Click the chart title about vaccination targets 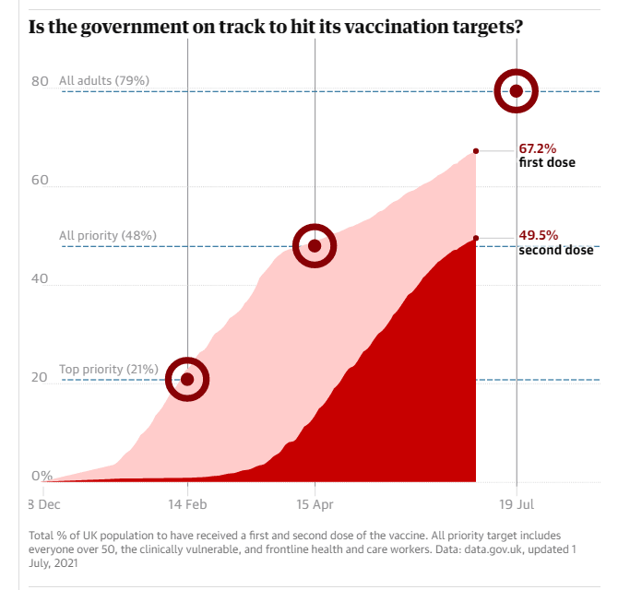(x=276, y=26)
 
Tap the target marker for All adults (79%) (x=517, y=90)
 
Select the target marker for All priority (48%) (x=315, y=245)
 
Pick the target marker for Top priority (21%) (x=187, y=379)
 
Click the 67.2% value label (x=537, y=147)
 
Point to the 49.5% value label (x=537, y=235)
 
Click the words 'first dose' (x=547, y=162)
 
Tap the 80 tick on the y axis (x=40, y=81)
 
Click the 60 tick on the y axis (x=40, y=181)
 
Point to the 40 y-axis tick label (x=40, y=279)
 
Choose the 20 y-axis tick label (x=40, y=378)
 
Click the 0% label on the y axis (x=42, y=476)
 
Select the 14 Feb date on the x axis (x=187, y=504)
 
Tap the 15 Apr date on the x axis (x=315, y=504)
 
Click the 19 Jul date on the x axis (x=517, y=504)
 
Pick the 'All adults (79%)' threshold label (x=103, y=81)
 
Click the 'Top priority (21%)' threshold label (x=108, y=370)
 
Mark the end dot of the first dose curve (x=476, y=150)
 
